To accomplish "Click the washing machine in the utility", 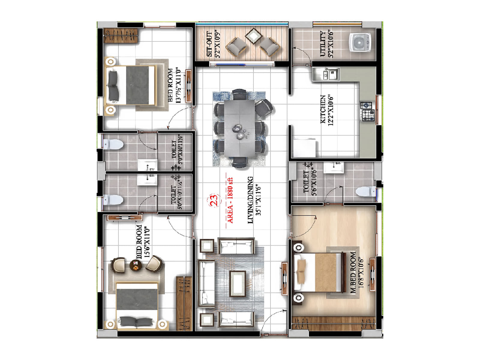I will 360,42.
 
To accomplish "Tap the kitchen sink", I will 326,73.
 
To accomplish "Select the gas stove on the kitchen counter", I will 367,111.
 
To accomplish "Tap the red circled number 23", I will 214,200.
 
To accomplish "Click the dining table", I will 240,128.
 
